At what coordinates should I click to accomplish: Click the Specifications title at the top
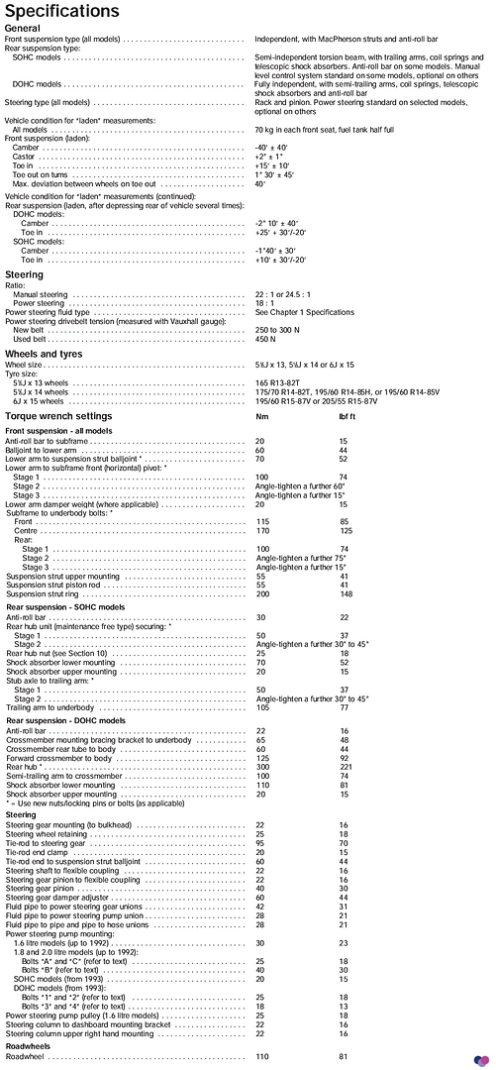click(61, 12)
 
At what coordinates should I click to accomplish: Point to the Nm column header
click(261, 416)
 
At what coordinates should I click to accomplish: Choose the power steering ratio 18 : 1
click(264, 303)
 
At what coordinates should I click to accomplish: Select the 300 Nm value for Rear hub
click(262, 739)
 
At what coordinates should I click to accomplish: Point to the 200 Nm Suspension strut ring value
click(262, 594)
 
